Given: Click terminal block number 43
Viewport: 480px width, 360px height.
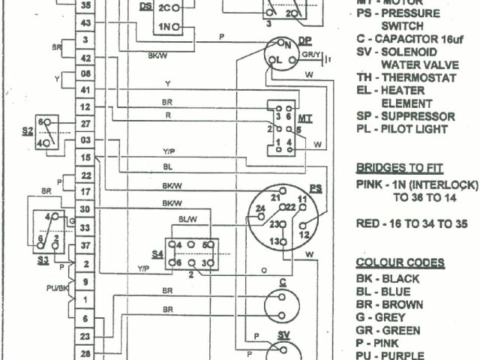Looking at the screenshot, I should pos(86,24).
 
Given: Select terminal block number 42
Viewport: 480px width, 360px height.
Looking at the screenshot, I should pos(86,58).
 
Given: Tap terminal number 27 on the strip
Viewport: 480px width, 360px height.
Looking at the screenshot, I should pos(86,123).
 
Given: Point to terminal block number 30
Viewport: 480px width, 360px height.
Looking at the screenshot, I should pos(86,210).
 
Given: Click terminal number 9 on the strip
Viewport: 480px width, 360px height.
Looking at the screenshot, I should pos(86,282).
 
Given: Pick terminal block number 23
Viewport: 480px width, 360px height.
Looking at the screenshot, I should pos(86,336).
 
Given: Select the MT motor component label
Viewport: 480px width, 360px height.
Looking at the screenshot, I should pos(305,118).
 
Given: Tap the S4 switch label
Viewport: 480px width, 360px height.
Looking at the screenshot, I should pos(157,254).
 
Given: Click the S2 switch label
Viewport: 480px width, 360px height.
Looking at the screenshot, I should pos(28,130).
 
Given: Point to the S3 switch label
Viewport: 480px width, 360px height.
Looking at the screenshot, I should pos(43,259).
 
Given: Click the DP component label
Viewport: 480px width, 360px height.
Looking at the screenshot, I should pos(304,40).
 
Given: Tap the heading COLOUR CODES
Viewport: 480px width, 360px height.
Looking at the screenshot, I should pos(400,262).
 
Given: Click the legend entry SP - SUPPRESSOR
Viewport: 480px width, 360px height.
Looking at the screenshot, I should pos(406,116).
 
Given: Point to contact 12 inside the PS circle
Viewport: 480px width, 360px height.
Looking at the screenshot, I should pos(304,235).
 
